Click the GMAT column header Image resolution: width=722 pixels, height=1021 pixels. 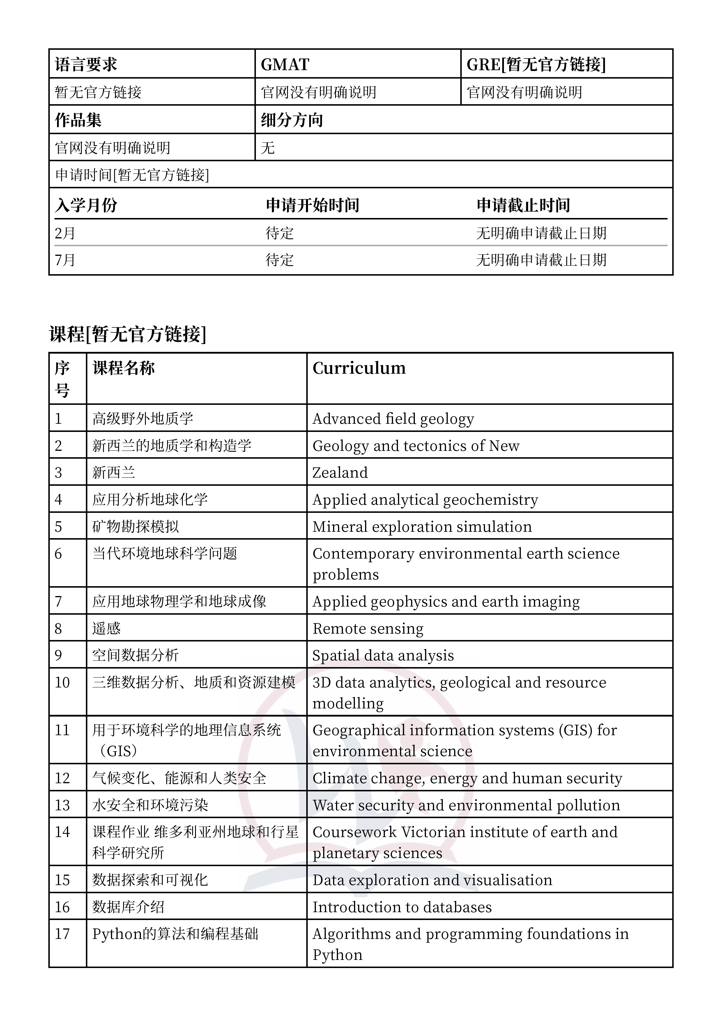click(x=285, y=65)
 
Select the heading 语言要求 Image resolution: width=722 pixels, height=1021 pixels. click(x=86, y=65)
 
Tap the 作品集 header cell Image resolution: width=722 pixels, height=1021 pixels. click(x=78, y=120)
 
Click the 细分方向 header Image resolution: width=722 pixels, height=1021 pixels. click(x=292, y=120)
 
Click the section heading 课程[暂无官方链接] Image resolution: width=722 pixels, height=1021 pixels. click(x=128, y=334)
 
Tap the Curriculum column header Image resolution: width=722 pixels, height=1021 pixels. click(x=359, y=368)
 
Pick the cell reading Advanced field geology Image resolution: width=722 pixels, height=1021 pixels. click(x=393, y=419)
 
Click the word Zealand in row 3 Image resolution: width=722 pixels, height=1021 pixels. click(x=340, y=473)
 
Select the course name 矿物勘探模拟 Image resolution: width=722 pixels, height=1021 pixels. click(x=136, y=527)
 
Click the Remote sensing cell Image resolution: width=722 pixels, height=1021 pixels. click(x=368, y=628)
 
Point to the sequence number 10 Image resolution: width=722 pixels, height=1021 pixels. click(x=62, y=683)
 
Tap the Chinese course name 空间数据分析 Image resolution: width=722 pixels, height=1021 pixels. click(x=136, y=655)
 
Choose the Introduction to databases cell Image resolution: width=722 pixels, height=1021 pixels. click(x=402, y=907)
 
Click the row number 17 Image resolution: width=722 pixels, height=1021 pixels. click(x=62, y=934)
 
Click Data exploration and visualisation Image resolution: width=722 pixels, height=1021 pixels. click(x=432, y=880)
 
